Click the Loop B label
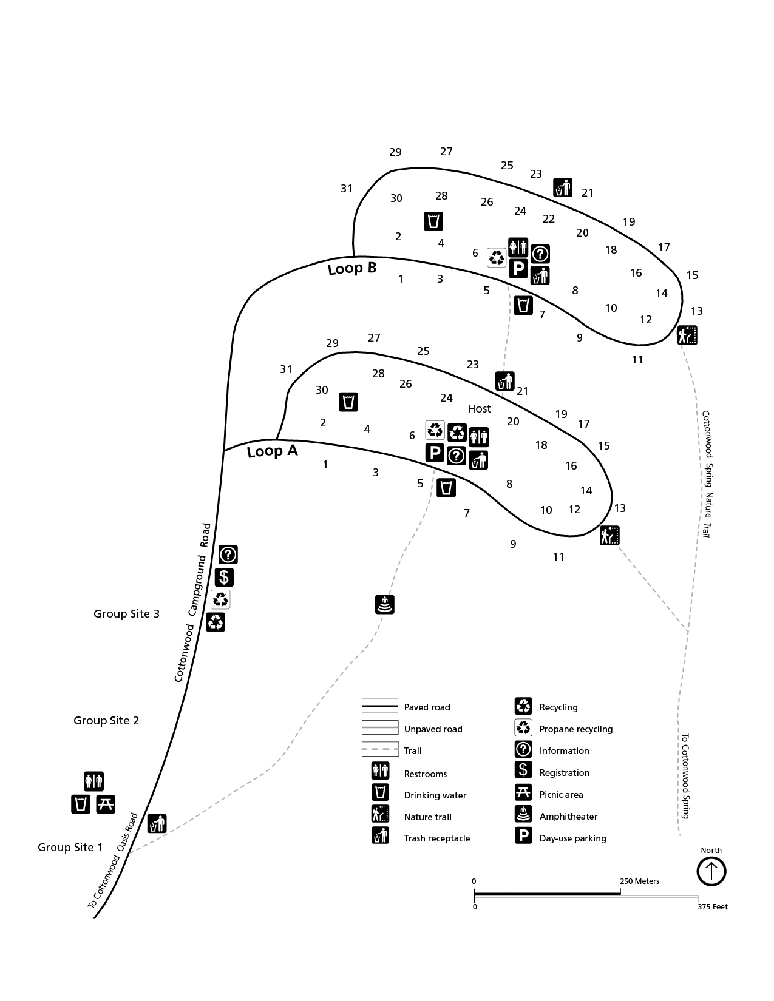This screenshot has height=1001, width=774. (352, 268)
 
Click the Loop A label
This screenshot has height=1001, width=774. (272, 451)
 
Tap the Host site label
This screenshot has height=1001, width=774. (479, 409)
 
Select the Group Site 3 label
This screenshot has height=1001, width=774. (126, 614)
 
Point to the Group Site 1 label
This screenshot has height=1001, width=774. (70, 848)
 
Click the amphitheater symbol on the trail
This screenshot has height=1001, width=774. (385, 605)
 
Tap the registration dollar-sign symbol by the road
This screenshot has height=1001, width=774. (224, 577)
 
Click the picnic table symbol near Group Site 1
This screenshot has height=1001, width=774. (106, 804)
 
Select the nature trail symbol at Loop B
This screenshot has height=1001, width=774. (687, 335)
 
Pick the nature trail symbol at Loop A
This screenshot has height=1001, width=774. (609, 536)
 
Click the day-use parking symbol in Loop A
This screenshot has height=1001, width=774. (435, 453)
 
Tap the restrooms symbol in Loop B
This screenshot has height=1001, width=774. (518, 247)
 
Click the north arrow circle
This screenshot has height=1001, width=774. (711, 872)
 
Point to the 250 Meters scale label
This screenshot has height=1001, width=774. (639, 881)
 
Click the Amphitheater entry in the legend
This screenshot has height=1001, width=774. (568, 817)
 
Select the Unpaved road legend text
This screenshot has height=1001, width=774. (433, 729)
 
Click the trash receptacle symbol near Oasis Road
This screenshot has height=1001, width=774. (157, 823)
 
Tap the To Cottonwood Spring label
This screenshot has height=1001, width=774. (685, 777)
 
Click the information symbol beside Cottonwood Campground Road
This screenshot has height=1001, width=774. (228, 554)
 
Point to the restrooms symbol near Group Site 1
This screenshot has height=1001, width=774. (93, 781)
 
